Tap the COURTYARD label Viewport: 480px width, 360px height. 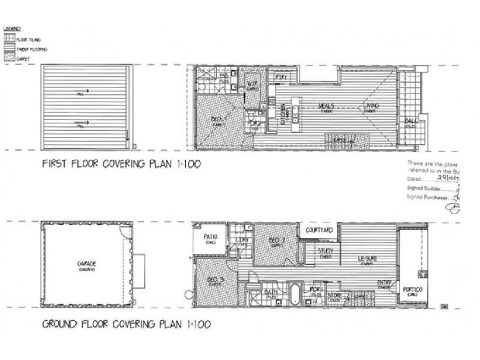coord(319,230)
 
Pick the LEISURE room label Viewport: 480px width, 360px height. coord(367,259)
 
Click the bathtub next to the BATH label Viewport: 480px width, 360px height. coord(295,295)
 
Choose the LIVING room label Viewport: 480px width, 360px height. coord(370,107)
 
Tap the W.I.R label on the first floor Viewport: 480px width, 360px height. coord(252,84)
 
